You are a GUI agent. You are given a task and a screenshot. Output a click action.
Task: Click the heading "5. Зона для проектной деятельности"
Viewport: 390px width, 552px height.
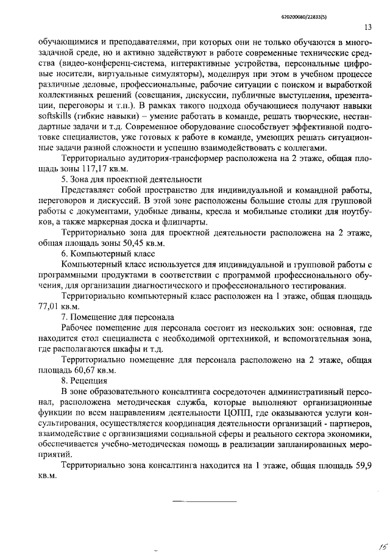click(x=132, y=179)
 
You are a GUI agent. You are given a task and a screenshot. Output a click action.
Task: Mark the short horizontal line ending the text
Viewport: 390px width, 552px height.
click(x=204, y=501)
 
